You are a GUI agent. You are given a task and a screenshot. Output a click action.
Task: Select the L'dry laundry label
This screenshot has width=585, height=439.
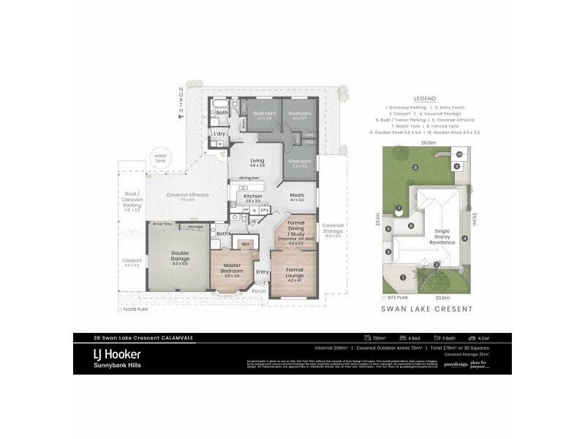[218, 134]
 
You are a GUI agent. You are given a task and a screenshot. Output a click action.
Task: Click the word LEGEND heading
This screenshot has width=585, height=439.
[425, 98]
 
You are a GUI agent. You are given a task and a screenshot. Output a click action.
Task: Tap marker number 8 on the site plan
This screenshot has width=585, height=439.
[415, 168]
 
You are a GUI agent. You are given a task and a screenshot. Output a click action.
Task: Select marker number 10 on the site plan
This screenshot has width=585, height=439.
[458, 154]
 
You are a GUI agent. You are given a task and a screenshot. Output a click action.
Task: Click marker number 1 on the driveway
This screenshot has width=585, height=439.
[403, 277]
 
